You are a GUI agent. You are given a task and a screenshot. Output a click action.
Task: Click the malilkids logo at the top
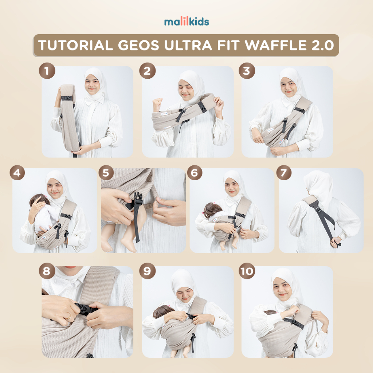click(x=186, y=21)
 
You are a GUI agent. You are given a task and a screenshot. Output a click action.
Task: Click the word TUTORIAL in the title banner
click(x=75, y=45)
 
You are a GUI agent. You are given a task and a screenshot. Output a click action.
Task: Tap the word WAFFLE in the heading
click(x=276, y=45)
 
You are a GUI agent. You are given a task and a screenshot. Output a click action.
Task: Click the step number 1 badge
click(x=47, y=71)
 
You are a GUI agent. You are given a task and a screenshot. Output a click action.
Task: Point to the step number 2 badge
click(x=147, y=71)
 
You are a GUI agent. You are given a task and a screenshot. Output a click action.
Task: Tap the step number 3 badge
click(x=247, y=71)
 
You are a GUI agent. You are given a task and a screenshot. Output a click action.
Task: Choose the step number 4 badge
click(x=17, y=172)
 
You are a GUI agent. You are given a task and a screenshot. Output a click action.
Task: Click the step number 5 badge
click(x=106, y=172)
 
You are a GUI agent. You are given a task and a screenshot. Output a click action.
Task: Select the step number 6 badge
click(x=195, y=172)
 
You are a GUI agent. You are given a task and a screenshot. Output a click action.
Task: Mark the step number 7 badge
click(x=283, y=172)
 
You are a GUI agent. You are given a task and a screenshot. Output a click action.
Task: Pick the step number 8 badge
click(x=47, y=271)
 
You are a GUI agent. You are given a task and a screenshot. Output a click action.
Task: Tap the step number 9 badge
click(x=147, y=271)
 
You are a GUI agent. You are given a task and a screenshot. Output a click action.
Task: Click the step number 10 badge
click(x=247, y=271)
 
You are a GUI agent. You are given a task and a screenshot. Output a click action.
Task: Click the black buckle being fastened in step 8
click(x=86, y=310)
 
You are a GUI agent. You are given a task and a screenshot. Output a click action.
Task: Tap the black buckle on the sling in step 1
click(x=67, y=98)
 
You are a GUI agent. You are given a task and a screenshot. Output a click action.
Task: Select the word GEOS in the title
click(x=138, y=45)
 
